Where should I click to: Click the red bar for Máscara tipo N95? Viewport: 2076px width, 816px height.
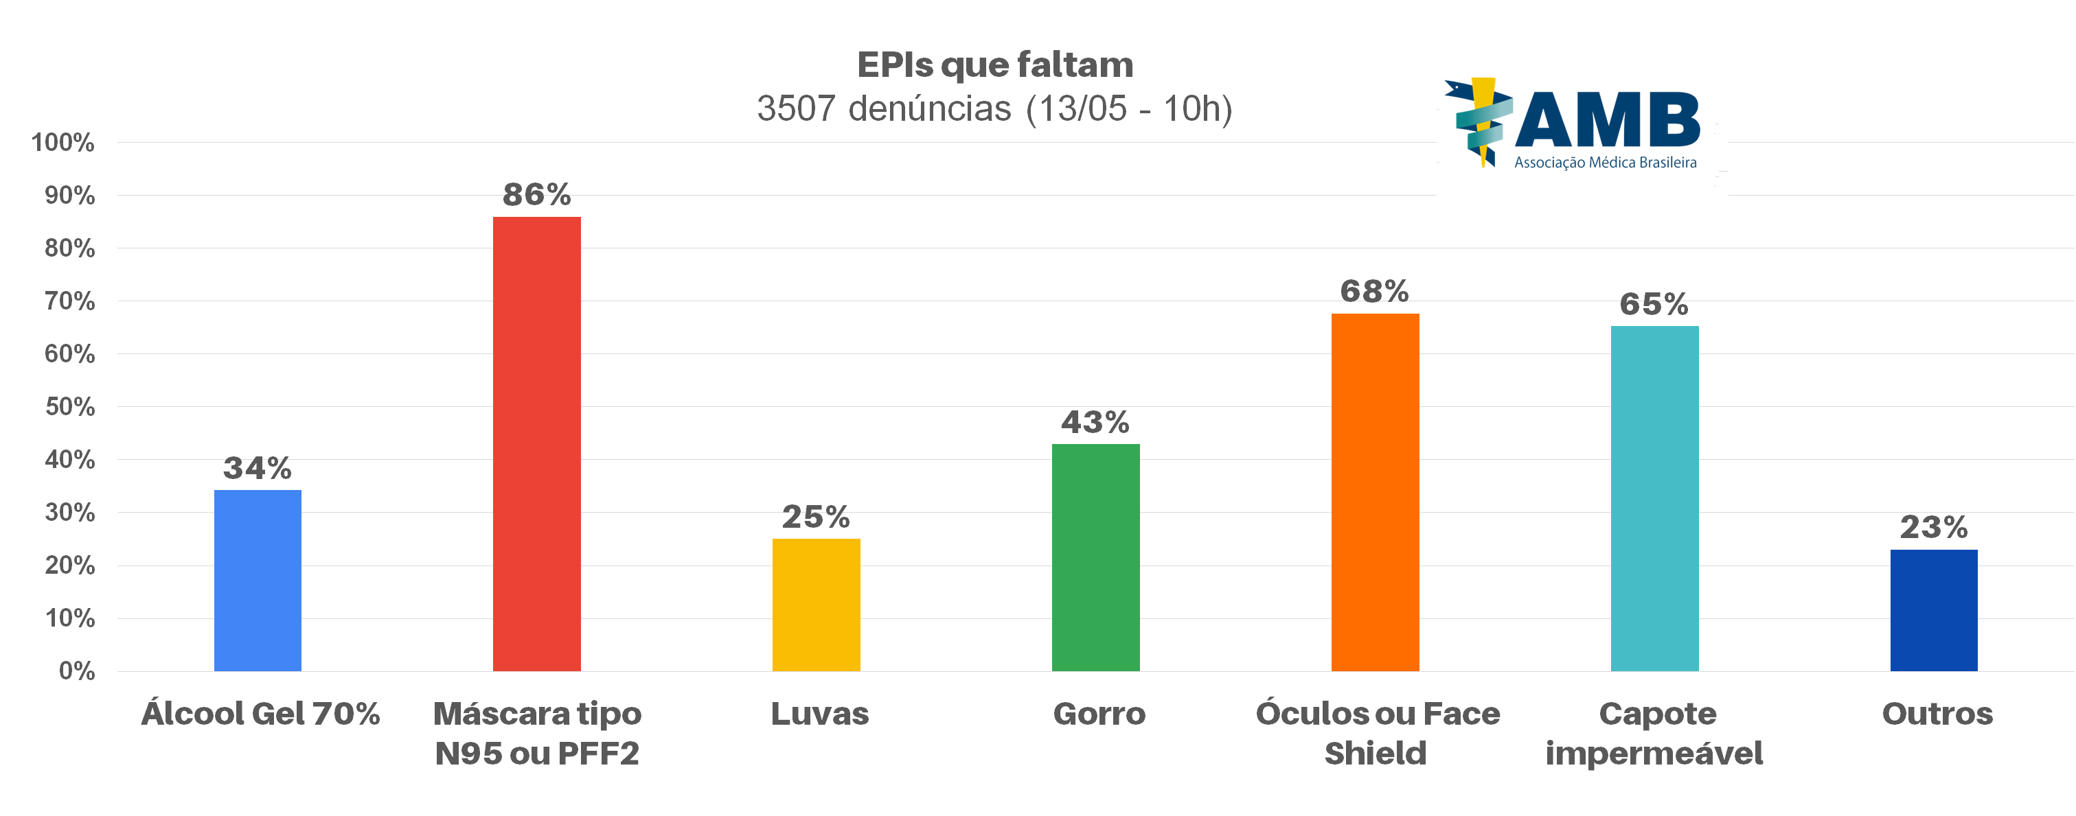(537, 443)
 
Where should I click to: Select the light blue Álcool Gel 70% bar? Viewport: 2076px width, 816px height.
(258, 580)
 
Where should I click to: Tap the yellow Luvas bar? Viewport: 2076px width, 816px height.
(817, 604)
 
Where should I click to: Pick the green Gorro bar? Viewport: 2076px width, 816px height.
(1096, 557)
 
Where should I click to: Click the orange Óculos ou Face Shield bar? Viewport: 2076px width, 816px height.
(1375, 491)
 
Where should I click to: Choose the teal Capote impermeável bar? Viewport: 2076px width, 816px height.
(1654, 498)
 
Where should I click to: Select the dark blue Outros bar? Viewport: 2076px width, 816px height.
(1934, 610)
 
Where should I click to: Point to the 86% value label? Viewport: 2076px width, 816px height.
(537, 195)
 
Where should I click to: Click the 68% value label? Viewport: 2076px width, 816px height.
(1375, 292)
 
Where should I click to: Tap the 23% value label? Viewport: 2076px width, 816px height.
(1934, 528)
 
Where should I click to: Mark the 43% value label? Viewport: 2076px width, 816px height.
(1096, 422)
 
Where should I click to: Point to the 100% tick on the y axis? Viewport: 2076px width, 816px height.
(63, 143)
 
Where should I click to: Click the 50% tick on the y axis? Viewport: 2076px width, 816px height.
(70, 407)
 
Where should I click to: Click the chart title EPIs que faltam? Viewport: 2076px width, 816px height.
(995, 65)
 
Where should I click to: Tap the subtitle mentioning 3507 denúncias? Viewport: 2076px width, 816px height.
(995, 108)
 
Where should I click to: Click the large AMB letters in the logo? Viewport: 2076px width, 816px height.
(1608, 121)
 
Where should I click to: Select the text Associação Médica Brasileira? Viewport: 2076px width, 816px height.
(1606, 163)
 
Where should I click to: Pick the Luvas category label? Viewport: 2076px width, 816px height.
(819, 714)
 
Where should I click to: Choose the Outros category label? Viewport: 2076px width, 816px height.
(1937, 714)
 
